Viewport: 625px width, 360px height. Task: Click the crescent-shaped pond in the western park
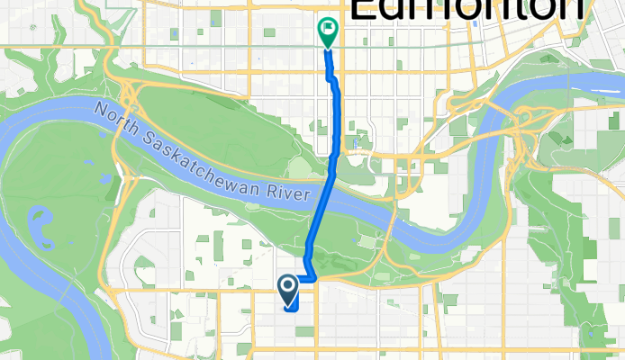point(42,229)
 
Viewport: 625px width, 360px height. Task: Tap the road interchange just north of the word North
point(132,89)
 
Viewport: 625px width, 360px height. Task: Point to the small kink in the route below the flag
point(334,81)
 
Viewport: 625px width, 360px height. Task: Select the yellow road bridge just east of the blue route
point(392,216)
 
